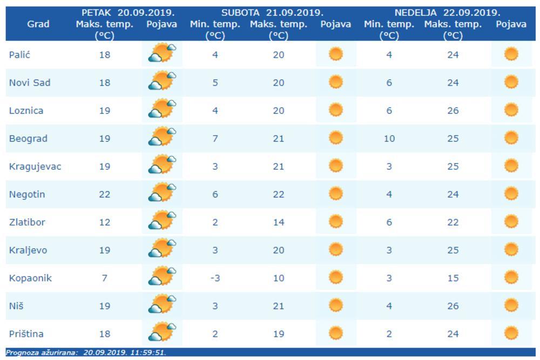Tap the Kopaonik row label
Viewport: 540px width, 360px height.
(30, 278)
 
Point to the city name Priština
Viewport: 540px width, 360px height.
(26, 334)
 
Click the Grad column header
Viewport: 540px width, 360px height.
(38, 24)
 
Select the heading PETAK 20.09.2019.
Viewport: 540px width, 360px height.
(128, 12)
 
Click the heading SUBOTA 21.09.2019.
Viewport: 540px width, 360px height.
(273, 12)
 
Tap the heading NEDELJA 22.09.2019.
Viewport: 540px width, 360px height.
(447, 12)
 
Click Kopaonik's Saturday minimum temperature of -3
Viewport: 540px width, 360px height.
(215, 278)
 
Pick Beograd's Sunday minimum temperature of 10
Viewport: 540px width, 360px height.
(389, 138)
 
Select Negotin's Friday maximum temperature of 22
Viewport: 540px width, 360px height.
(104, 194)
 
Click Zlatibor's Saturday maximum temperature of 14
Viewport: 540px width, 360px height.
(278, 222)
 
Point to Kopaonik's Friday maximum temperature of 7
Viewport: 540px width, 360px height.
(104, 278)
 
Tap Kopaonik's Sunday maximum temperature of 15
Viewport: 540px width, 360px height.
(453, 278)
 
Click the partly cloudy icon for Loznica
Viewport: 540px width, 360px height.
(162, 110)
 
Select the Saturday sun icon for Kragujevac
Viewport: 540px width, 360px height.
(335, 165)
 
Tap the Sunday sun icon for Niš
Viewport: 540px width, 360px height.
(511, 305)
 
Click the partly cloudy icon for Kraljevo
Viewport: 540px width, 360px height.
(162, 250)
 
